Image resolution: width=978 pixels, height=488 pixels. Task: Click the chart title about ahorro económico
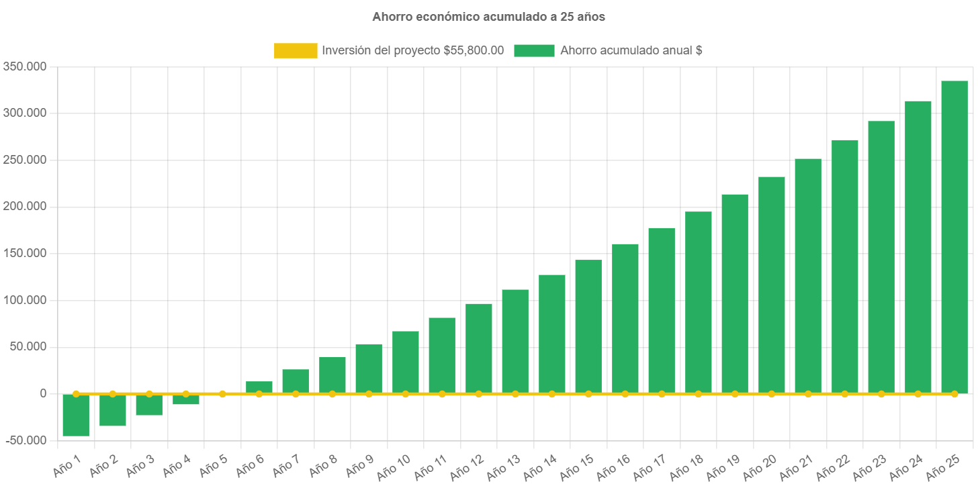pyautogui.click(x=489, y=17)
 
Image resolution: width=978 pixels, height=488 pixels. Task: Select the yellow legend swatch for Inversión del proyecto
pyautogui.click(x=296, y=50)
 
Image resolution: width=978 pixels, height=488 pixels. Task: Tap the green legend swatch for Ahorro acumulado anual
pyautogui.click(x=534, y=50)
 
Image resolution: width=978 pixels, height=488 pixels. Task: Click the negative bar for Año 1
pyautogui.click(x=76, y=415)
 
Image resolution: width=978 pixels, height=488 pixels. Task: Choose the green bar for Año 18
pyautogui.click(x=698, y=302)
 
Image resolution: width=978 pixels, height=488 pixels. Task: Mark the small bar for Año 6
pyautogui.click(x=259, y=387)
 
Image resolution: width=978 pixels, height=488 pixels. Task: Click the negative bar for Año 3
pyautogui.click(x=149, y=405)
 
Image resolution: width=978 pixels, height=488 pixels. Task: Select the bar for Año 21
pyautogui.click(x=807, y=275)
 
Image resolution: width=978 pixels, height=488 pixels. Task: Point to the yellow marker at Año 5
pyautogui.click(x=222, y=394)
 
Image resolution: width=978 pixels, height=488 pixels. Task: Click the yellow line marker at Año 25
pyautogui.click(x=954, y=394)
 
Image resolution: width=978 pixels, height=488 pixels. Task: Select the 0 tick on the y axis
pyautogui.click(x=42, y=393)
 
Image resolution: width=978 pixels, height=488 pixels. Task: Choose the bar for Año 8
pyautogui.click(x=332, y=375)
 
